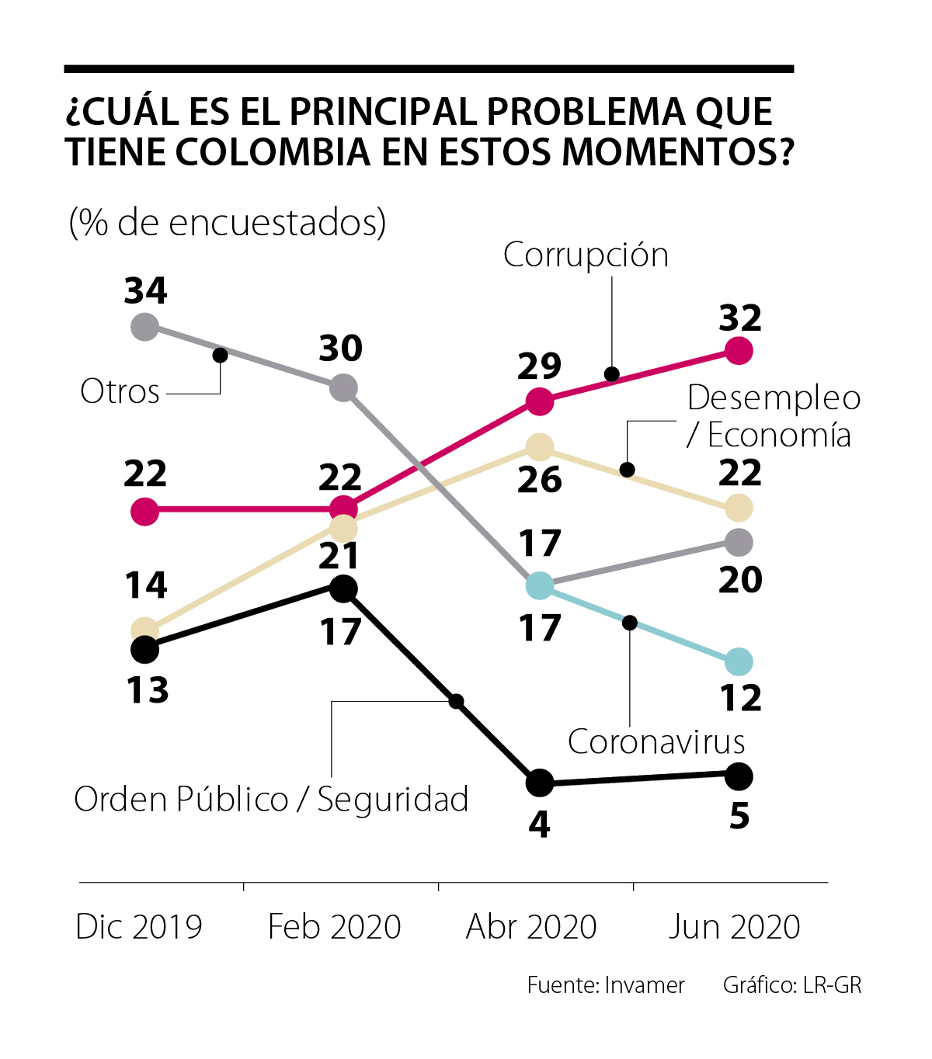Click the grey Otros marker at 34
coord(144,326)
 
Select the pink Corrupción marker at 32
coord(739,351)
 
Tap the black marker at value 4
coord(540,783)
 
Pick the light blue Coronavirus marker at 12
coord(739,662)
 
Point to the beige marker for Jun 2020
coord(739,509)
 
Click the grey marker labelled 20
coord(739,542)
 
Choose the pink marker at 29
coord(540,401)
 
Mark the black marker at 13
coord(144,649)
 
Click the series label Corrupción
coord(586,255)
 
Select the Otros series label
coord(120,391)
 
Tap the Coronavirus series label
coord(656,741)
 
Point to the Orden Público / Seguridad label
coord(271,799)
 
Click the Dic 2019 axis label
coord(139,926)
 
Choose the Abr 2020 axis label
coord(531,926)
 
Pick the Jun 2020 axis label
coord(735,926)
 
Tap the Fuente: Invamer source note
coord(606,985)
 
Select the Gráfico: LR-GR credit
coord(792,985)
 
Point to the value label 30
coord(341,349)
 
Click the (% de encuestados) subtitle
coord(228,223)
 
